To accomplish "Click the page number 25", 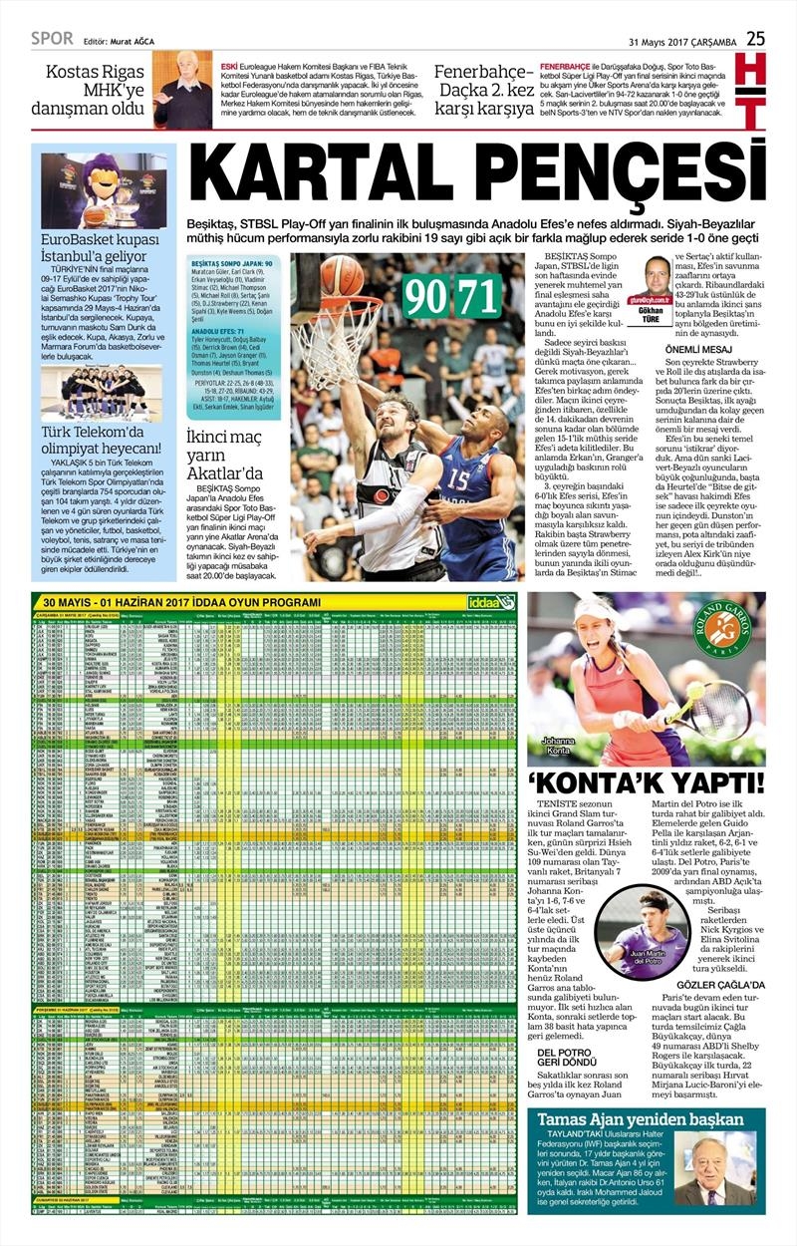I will click(756, 38).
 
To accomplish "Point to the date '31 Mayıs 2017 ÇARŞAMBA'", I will click(682, 41).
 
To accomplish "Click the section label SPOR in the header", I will click(52, 39).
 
